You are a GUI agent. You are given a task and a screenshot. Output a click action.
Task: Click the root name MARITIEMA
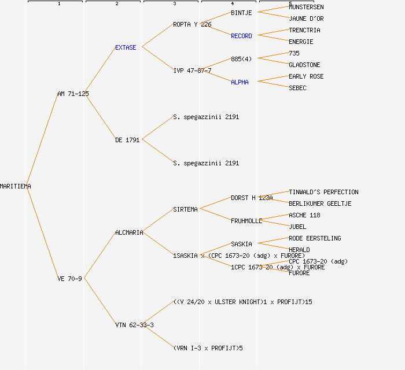click(16, 186)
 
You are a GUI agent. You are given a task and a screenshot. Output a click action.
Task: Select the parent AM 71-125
click(73, 94)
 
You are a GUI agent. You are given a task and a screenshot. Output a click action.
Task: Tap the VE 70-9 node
click(69, 279)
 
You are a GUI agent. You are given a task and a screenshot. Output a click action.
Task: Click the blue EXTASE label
click(126, 47)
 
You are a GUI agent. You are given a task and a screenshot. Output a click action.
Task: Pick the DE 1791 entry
click(127, 140)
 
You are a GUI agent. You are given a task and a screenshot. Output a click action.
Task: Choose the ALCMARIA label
click(129, 232)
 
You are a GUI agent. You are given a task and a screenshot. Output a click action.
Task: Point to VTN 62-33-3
click(134, 325)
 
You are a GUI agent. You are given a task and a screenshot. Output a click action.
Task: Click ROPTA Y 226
click(192, 24)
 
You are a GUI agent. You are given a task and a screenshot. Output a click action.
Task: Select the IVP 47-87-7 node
click(192, 71)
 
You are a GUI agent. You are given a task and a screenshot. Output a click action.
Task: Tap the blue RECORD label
click(241, 36)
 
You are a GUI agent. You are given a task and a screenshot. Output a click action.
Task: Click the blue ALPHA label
click(240, 82)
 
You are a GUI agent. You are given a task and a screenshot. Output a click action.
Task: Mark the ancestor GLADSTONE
click(304, 65)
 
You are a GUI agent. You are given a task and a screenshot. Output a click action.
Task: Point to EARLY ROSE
click(306, 76)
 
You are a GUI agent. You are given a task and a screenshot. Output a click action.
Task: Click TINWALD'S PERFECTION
click(323, 192)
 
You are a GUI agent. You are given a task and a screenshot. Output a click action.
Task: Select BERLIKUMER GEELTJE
click(320, 203)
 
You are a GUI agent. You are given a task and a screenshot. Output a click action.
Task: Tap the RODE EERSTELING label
click(315, 238)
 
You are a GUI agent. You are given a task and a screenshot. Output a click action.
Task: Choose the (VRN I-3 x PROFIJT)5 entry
click(208, 348)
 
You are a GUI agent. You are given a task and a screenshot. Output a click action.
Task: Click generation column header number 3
click(174, 4)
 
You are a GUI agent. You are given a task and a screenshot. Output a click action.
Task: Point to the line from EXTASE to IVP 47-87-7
click(157, 59)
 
